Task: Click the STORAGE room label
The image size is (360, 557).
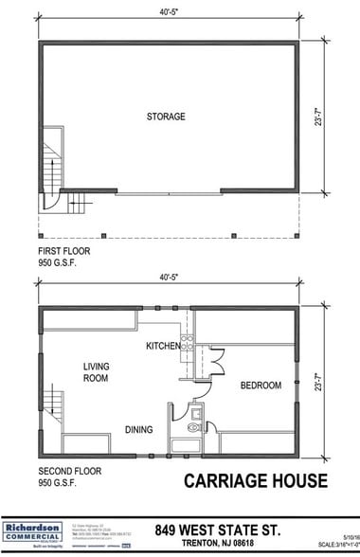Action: point(166,117)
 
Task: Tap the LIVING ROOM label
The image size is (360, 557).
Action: point(96,372)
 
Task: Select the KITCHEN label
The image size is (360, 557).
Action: point(163,347)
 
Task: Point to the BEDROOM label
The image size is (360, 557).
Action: point(260,386)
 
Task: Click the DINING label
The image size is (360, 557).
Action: point(138,430)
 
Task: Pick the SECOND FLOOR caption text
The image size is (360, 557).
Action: point(67,471)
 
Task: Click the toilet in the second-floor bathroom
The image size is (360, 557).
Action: point(195,427)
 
